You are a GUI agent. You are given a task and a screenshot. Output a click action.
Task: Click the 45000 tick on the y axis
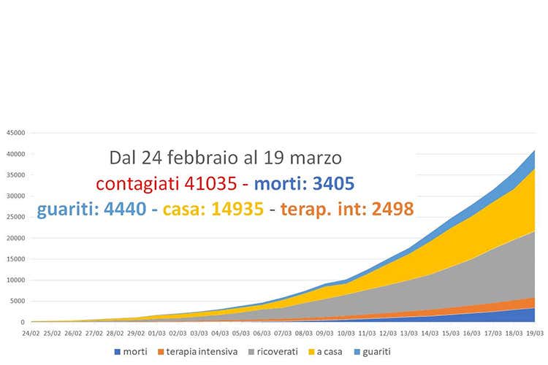pyautogui.click(x=15, y=133)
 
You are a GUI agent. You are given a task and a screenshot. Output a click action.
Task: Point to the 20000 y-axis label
pyautogui.click(x=15, y=238)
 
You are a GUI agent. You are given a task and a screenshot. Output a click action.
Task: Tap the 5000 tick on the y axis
pyautogui.click(x=18, y=301)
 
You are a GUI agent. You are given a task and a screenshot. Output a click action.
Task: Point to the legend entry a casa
pyautogui.click(x=330, y=351)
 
